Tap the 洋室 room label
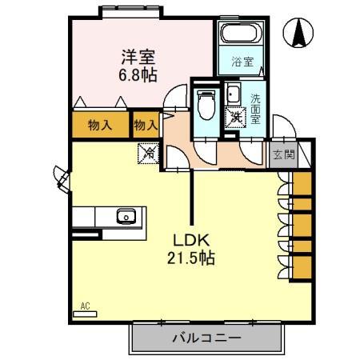point(138,57)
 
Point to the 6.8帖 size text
point(138,74)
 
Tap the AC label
point(86,306)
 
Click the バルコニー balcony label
point(206,338)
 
